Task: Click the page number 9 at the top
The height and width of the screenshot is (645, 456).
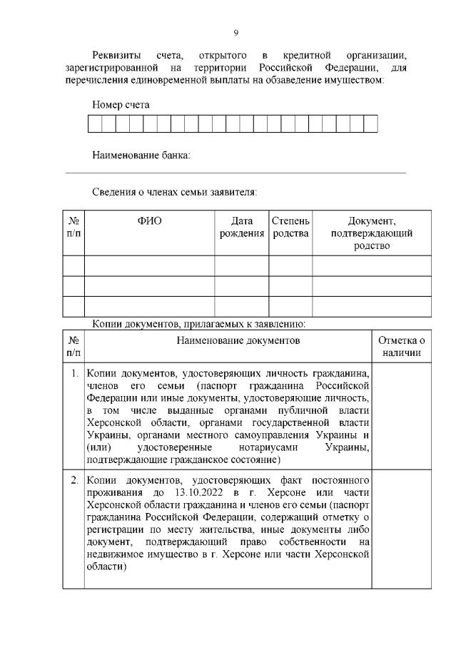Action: pos(235,33)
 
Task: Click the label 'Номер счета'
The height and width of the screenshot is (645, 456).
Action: pos(121,104)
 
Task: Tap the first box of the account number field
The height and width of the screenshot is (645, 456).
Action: pos(94,124)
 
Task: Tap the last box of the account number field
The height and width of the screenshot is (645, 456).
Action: pos(370,124)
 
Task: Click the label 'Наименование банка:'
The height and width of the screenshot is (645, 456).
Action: pos(141,155)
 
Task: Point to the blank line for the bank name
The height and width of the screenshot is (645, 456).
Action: pos(235,172)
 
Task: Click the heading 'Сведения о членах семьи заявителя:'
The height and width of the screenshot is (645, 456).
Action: pos(174,192)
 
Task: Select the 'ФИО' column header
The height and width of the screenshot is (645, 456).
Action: pos(149,220)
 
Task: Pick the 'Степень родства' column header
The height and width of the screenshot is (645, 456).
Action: pos(290,227)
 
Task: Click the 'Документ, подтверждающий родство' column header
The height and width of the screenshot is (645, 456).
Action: pos(371,233)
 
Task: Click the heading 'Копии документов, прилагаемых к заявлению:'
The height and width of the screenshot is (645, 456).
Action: pos(199,325)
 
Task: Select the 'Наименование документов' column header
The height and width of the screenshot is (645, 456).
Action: pos(228,340)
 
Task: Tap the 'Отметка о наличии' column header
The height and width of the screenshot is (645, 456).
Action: pos(402,346)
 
